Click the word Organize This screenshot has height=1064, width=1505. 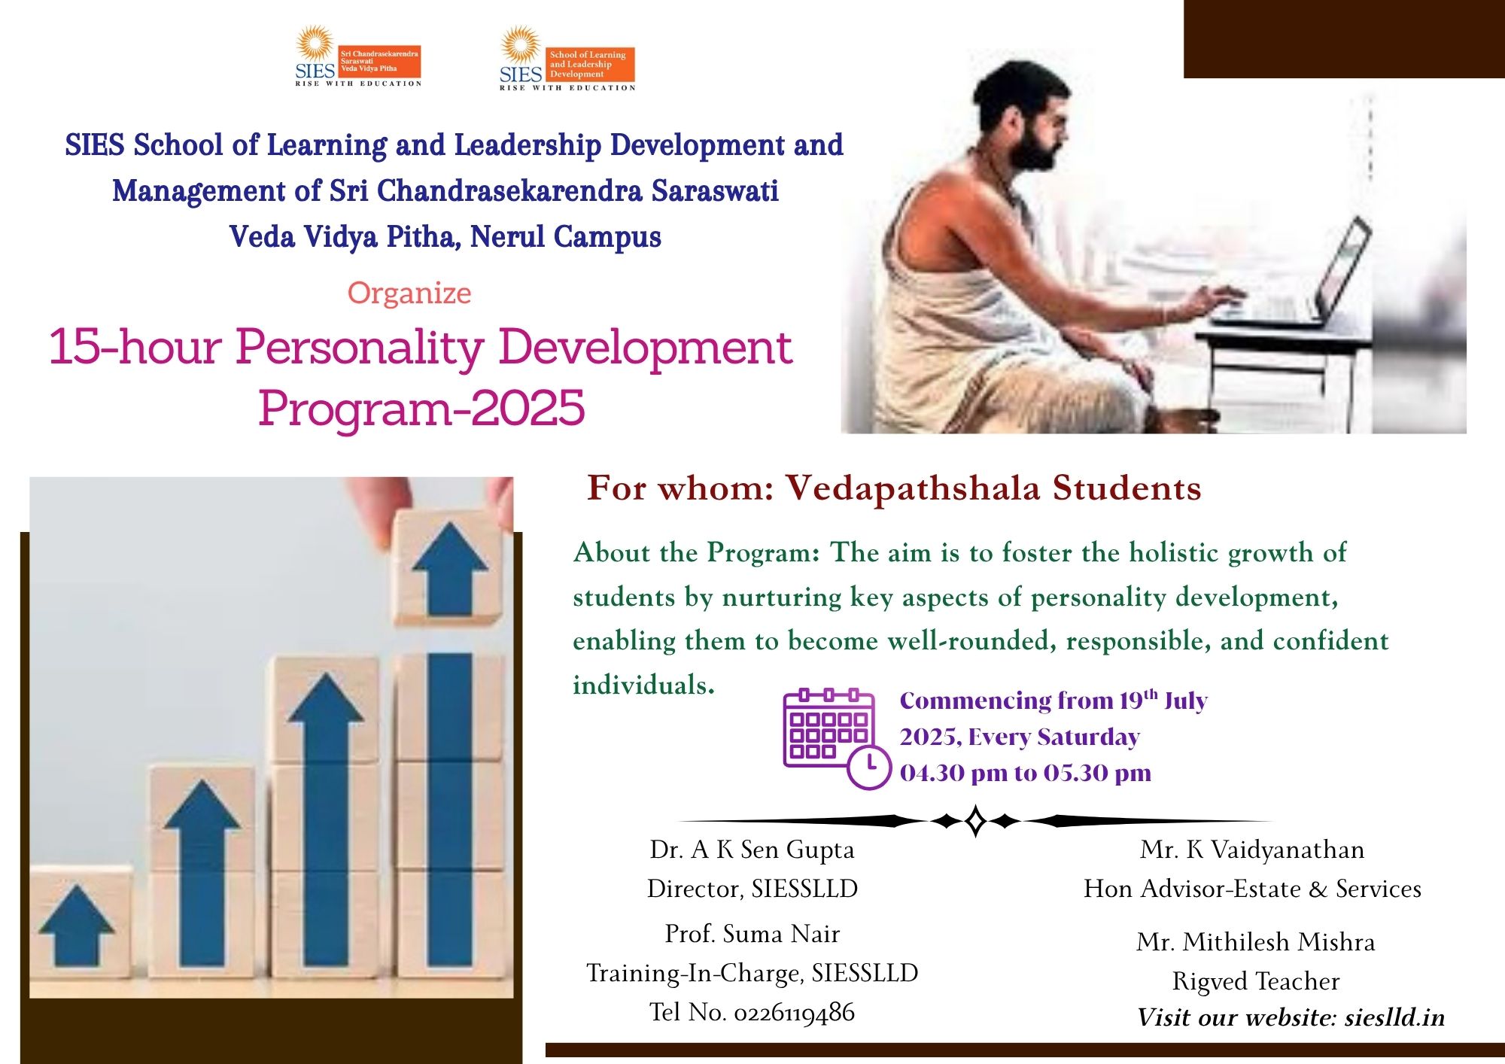point(409,293)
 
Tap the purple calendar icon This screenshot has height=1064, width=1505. point(829,737)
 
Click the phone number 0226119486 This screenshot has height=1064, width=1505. point(794,1013)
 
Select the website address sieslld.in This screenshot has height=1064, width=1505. point(1394,1017)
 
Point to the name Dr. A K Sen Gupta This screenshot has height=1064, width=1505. point(752,850)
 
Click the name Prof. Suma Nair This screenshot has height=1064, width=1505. point(752,934)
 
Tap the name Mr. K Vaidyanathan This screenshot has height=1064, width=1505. point(1252,850)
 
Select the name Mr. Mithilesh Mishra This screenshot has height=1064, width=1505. point(1256,942)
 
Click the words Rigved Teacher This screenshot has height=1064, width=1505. point(1256,981)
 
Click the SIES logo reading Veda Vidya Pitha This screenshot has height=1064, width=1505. point(358,56)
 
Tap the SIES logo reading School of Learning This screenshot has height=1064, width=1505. point(567,59)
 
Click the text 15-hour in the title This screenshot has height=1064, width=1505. point(135,347)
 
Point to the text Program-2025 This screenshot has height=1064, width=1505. point(421,409)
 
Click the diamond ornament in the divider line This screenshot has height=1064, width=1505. point(975,821)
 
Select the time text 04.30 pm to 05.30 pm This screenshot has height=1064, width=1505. point(1026,773)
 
